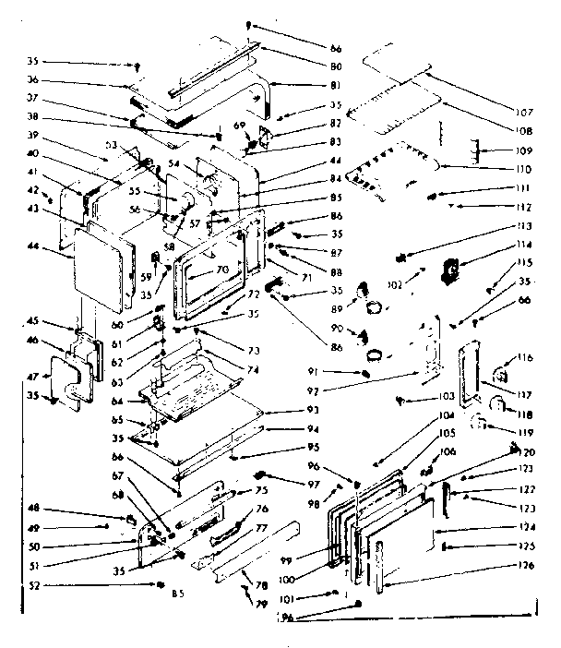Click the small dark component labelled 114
pyautogui.click(x=451, y=269)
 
